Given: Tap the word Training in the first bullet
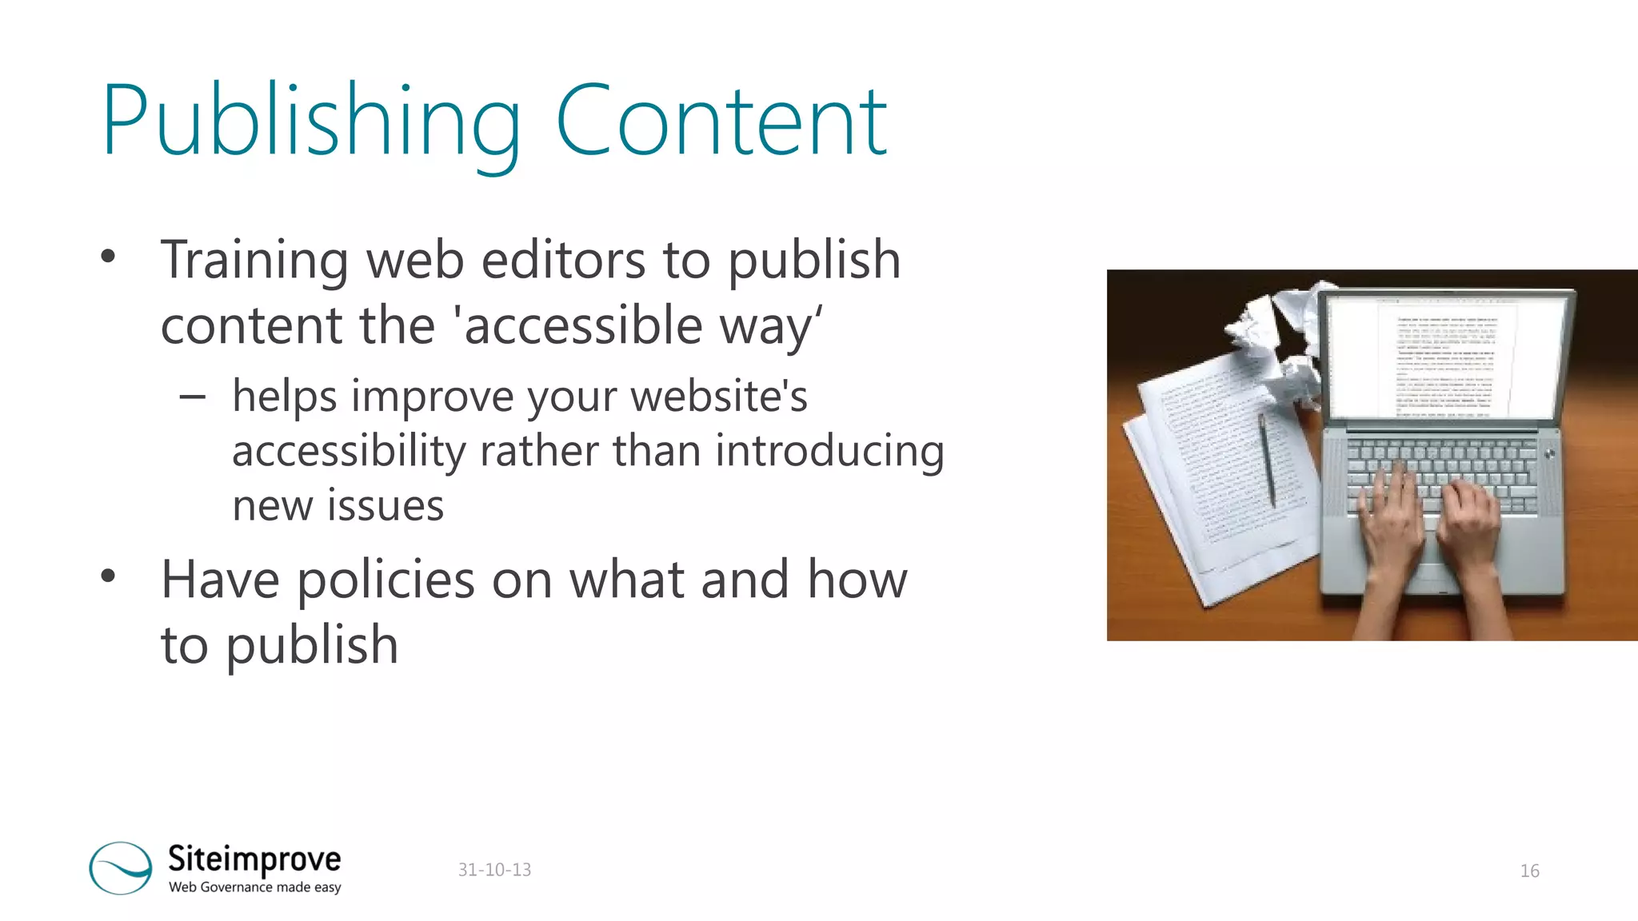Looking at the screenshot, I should point(254,261).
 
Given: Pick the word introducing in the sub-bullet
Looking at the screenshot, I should point(829,451).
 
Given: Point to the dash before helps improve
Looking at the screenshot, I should point(193,396).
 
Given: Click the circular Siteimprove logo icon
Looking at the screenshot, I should point(121,867).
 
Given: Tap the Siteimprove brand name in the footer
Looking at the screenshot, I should point(254,859).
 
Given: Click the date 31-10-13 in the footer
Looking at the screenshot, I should point(494,870).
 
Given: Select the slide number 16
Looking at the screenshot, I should point(1529,871).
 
